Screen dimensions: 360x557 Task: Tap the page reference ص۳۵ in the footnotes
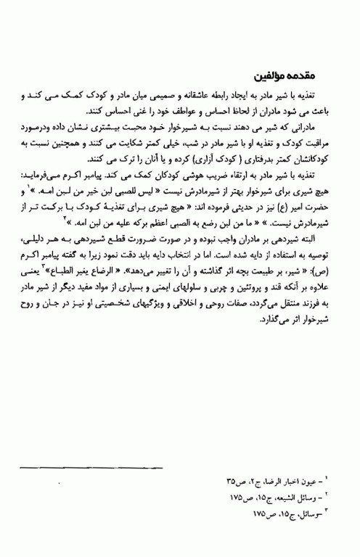point(234,481)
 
